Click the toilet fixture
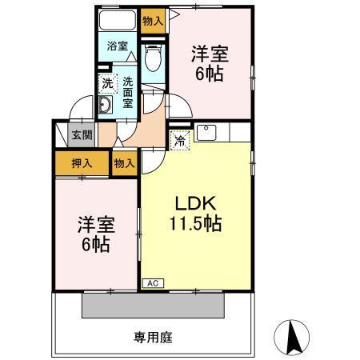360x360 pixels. (152, 58)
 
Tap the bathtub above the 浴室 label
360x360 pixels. (118, 21)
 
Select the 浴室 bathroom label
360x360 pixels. (118, 46)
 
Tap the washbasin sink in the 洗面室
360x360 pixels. (106, 107)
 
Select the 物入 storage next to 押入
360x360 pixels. (123, 162)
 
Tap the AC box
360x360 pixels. (151, 283)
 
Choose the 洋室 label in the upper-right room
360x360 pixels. (210, 55)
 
